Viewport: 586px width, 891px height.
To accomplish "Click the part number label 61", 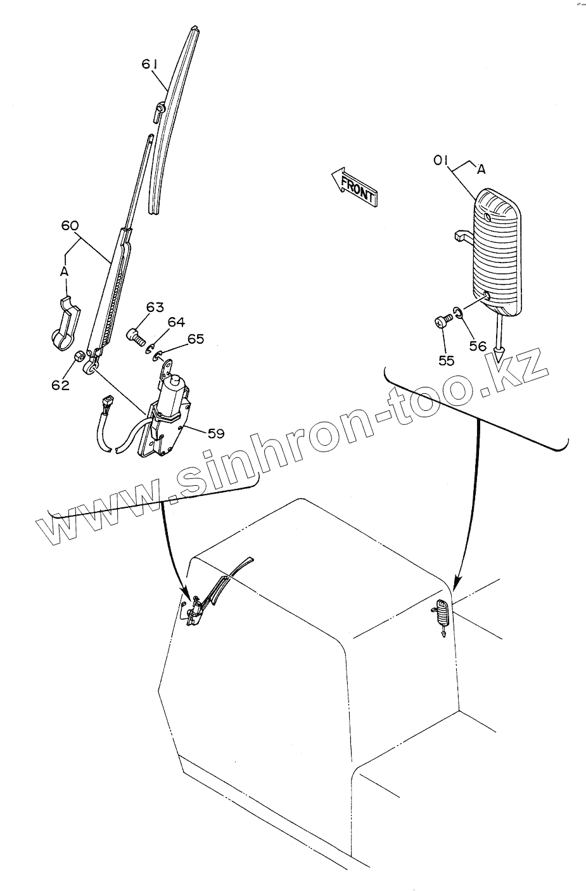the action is [x=149, y=65].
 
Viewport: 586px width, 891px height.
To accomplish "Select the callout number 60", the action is [x=70, y=226].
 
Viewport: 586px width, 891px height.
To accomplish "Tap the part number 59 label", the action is [x=216, y=434].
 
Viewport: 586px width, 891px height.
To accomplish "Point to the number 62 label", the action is [x=60, y=384].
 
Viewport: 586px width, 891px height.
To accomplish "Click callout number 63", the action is [x=155, y=308].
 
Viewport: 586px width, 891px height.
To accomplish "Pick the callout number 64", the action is [x=176, y=322].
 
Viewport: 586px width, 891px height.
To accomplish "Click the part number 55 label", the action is [x=446, y=360].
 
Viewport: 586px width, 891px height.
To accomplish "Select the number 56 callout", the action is [x=478, y=346].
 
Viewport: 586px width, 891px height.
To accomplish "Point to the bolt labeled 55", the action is [x=441, y=322].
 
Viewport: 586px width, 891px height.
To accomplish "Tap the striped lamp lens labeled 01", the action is [x=497, y=250].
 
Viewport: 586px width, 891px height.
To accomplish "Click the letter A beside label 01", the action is [x=481, y=169].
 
